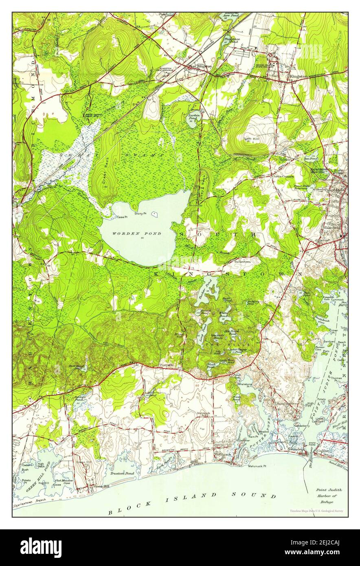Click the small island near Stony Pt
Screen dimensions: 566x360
[x=154, y=214]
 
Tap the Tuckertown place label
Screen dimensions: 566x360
[x=242, y=262]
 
